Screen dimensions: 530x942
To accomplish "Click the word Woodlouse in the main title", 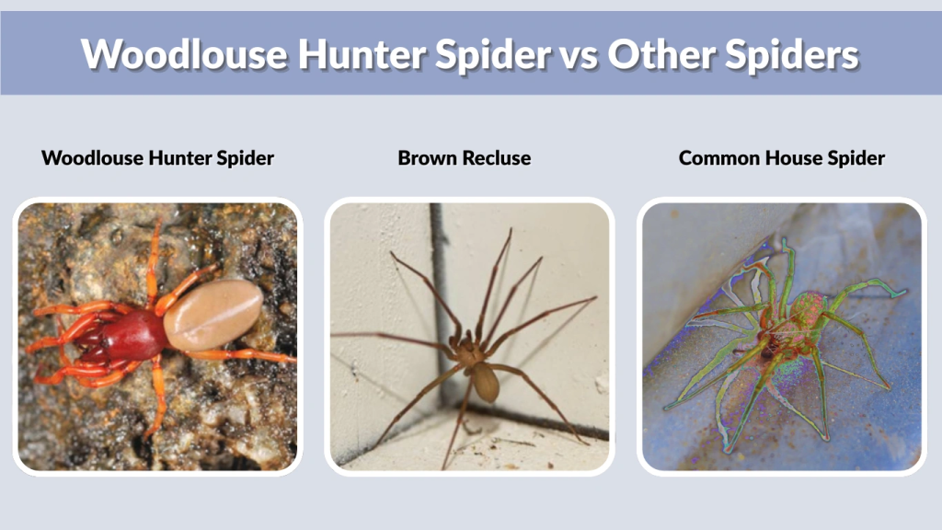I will (x=184, y=54).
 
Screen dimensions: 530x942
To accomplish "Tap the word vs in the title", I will (x=570, y=54).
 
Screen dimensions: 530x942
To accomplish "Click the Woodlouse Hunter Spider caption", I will (x=157, y=158).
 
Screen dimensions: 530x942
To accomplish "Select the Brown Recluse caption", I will (x=464, y=158).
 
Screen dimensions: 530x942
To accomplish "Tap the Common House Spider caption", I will (x=781, y=158).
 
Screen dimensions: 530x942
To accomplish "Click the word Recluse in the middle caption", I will (x=497, y=158).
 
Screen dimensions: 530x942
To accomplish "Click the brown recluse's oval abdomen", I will (x=486, y=381).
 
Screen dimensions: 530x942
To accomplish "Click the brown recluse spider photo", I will (x=469, y=336).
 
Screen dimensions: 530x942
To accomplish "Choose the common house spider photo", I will (x=781, y=336).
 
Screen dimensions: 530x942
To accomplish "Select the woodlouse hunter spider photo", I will (x=157, y=336).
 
